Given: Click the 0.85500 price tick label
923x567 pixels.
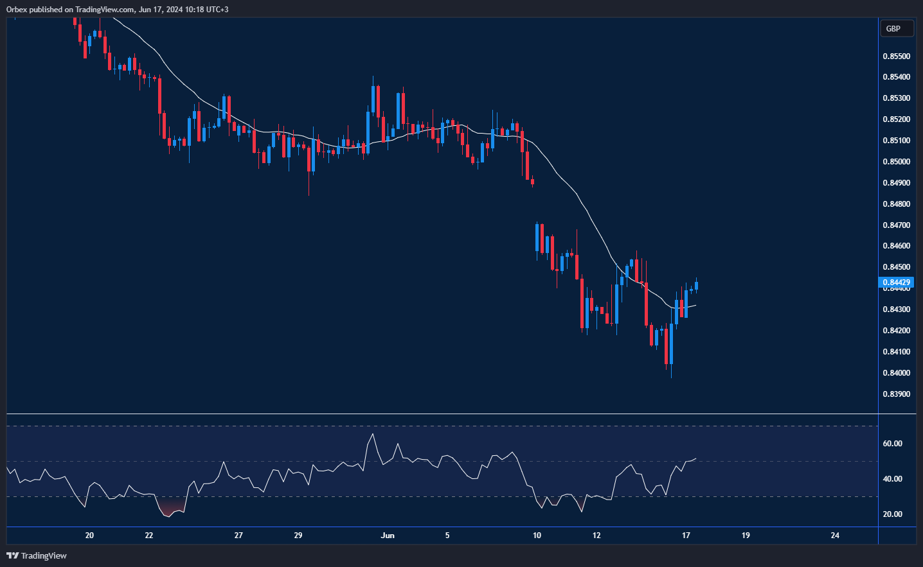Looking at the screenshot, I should coord(896,57).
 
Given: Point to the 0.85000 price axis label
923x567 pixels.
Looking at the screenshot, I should coord(896,162).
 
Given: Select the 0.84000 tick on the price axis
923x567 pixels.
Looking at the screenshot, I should coord(896,373).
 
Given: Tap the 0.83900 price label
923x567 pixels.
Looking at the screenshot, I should coord(896,394).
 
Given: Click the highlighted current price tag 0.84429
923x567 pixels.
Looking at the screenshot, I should coord(896,283).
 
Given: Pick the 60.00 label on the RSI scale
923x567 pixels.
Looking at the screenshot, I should coord(892,444).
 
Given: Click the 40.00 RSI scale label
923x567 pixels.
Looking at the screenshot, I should coord(892,479).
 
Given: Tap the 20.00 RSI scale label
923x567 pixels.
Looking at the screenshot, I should coord(892,514).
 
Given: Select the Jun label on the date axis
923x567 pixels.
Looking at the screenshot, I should coord(388,536).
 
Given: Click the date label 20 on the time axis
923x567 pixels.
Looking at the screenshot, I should coord(89,536).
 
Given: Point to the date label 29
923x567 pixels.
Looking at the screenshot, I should coord(298,536).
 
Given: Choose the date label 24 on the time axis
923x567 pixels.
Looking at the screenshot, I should coord(835,536).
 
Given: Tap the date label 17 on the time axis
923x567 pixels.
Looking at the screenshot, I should coord(686,536).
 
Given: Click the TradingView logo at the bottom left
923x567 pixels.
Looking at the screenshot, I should coord(37,555).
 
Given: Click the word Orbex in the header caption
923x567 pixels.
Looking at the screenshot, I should coord(17,10).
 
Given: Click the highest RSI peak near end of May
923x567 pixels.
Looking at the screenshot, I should coord(372,435).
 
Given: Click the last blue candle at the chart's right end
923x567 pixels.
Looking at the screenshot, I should coord(696,286).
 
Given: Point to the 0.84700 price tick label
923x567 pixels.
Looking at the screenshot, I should coord(896,225).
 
